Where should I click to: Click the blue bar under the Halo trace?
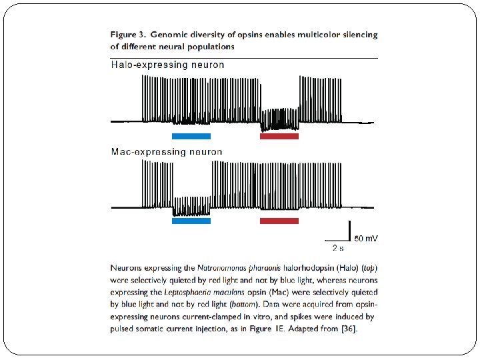pos(191,136)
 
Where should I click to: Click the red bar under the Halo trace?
pos(279,136)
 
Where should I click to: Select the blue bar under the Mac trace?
pos(191,221)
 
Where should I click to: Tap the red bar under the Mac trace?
pos(279,221)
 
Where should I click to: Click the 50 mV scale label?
pos(367,237)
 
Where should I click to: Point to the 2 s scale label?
pos(338,248)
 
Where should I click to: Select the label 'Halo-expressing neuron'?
pos(167,65)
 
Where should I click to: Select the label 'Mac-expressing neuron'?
pos(166,152)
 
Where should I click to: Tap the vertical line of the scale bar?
pos(350,229)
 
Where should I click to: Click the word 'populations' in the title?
pos(211,47)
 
